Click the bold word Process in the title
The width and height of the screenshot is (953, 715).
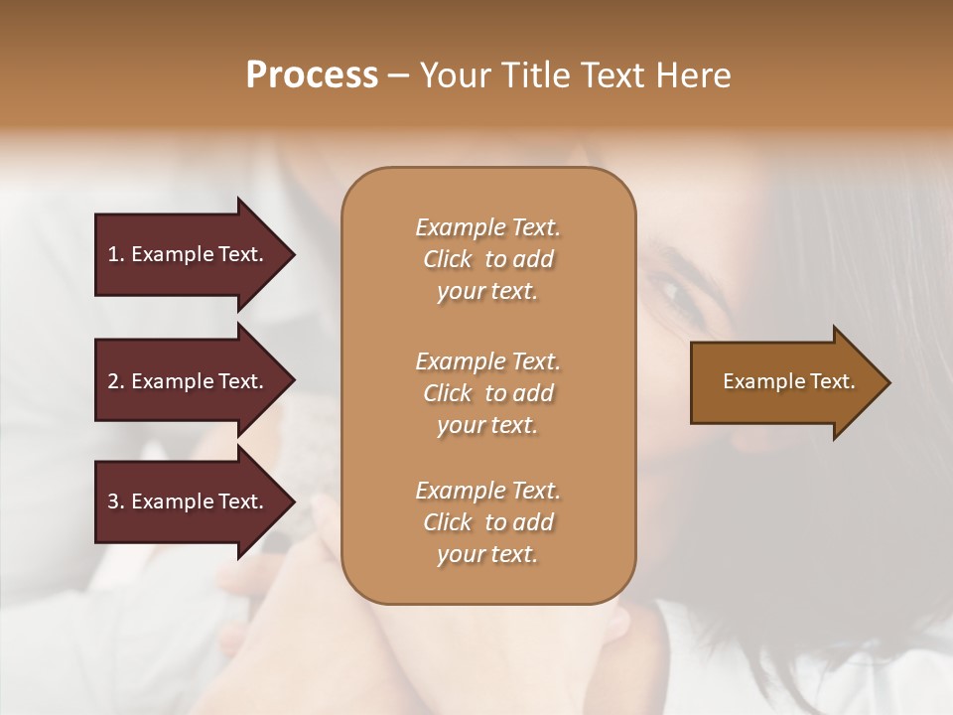point(312,75)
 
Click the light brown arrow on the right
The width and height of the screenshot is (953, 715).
point(784,382)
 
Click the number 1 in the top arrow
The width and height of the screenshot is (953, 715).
point(113,254)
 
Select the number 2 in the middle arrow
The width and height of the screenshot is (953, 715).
point(113,381)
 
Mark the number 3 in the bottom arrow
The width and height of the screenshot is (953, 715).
point(113,501)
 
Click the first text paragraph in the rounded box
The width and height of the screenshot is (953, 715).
point(487,259)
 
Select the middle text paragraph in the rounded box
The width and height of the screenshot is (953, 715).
point(487,393)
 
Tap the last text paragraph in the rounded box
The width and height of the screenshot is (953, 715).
point(487,522)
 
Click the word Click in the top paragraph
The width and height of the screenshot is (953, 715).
point(447,259)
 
